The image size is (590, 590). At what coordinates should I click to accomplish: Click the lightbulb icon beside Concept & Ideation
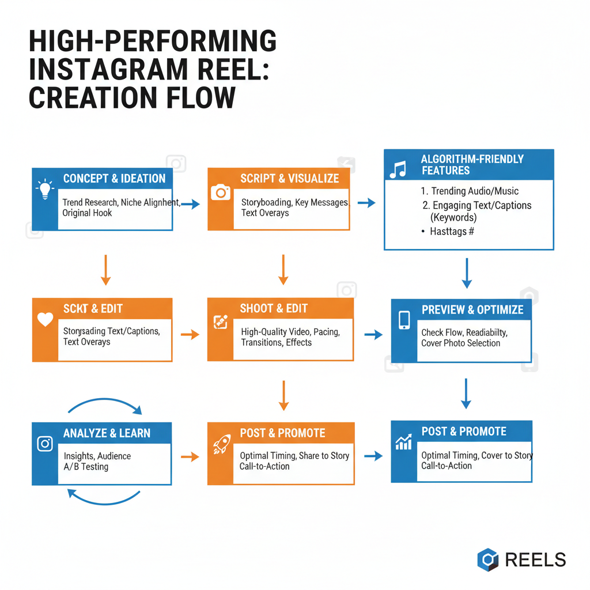click(x=44, y=190)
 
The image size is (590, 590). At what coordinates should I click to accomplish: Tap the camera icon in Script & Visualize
click(x=221, y=192)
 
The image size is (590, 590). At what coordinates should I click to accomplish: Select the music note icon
click(x=398, y=169)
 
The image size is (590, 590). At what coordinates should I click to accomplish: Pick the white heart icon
click(x=45, y=320)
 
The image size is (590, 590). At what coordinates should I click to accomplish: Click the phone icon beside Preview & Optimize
click(x=404, y=320)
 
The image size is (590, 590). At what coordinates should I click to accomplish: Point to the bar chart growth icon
click(x=403, y=442)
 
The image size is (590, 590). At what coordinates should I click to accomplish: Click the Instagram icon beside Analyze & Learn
click(x=45, y=444)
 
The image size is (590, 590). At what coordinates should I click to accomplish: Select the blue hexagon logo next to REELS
click(x=488, y=559)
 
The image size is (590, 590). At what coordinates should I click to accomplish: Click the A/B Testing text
click(x=86, y=467)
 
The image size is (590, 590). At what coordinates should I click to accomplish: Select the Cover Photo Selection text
click(x=461, y=343)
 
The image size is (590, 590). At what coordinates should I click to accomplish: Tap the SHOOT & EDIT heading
click(x=274, y=308)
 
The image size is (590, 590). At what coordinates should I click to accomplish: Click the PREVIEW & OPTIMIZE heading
click(x=472, y=309)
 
